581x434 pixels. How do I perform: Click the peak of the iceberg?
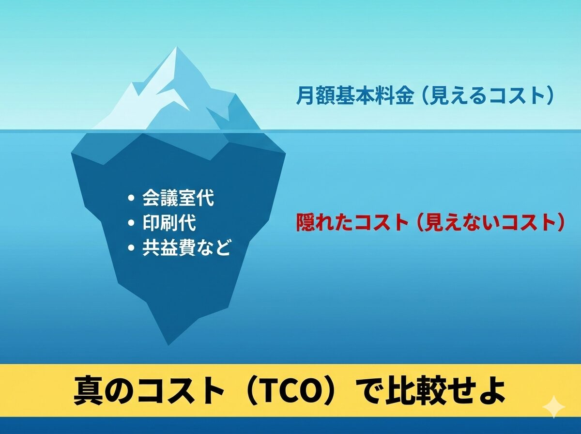pos(177,47)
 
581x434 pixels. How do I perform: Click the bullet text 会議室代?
pos(178,198)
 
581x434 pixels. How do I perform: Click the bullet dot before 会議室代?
pos(131,199)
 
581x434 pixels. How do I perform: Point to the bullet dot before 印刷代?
pos(131,223)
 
